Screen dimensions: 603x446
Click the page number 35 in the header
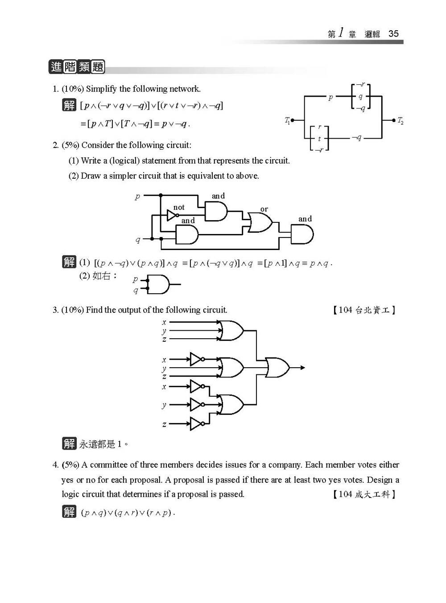pyautogui.click(x=393, y=34)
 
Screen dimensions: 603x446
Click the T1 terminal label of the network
pyautogui.click(x=287, y=120)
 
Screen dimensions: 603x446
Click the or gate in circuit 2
pyautogui.click(x=260, y=222)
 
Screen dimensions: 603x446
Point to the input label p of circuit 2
pyautogui.click(x=137, y=196)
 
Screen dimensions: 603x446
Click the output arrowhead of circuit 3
pyautogui.click(x=303, y=368)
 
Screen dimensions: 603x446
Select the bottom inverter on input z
pyautogui.click(x=196, y=424)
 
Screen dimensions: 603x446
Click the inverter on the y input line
pyautogui.click(x=196, y=405)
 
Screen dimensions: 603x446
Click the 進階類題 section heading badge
pyautogui.click(x=77, y=67)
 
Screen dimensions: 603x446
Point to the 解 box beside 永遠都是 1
pyautogui.click(x=69, y=443)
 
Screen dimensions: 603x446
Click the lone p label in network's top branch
pyautogui.click(x=330, y=97)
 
